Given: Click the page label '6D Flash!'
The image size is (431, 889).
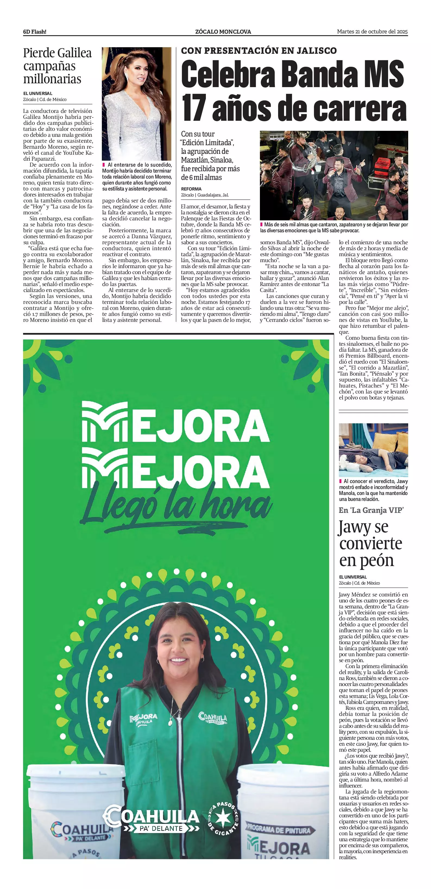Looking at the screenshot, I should click(x=34, y=32).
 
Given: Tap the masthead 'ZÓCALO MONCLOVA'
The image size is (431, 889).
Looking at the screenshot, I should click(x=223, y=32).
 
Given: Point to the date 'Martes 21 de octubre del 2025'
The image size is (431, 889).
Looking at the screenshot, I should click(x=372, y=32).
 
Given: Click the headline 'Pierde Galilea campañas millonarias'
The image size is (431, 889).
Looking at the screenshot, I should click(x=57, y=66).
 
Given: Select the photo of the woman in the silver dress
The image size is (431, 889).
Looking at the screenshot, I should click(x=136, y=104).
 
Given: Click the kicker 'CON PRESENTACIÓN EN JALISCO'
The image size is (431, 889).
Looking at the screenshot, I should click(x=259, y=51).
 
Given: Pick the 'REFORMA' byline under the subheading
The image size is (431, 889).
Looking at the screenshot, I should click(x=191, y=189).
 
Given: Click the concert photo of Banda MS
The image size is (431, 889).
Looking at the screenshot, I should click(x=334, y=175).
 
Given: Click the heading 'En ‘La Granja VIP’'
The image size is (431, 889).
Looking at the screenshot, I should click(x=371, y=510).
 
